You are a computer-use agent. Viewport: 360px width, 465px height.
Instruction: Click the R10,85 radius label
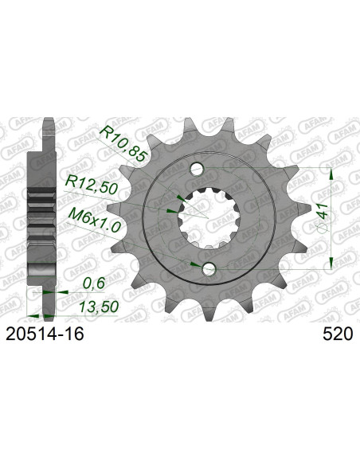[123, 143]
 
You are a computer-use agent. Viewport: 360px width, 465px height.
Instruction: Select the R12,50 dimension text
[92, 185]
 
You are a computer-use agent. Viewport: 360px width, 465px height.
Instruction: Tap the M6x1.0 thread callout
[94, 220]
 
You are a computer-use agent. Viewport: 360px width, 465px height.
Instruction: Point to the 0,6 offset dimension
[94, 283]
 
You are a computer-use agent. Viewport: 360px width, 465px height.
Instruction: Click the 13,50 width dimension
[99, 307]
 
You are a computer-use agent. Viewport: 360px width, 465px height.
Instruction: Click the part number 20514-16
[45, 334]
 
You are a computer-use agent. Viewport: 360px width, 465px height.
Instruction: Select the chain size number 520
[338, 334]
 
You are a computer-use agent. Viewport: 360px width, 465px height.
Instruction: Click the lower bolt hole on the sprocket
[209, 268]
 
